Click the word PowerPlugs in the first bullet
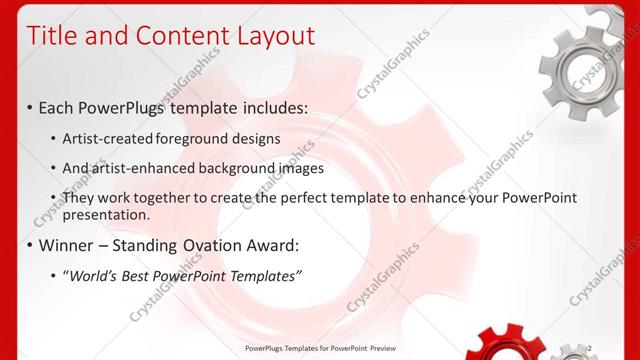pyautogui.click(x=127, y=106)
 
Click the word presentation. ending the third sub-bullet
pyautogui.click(x=106, y=214)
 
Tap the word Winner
pyautogui.click(x=68, y=244)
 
